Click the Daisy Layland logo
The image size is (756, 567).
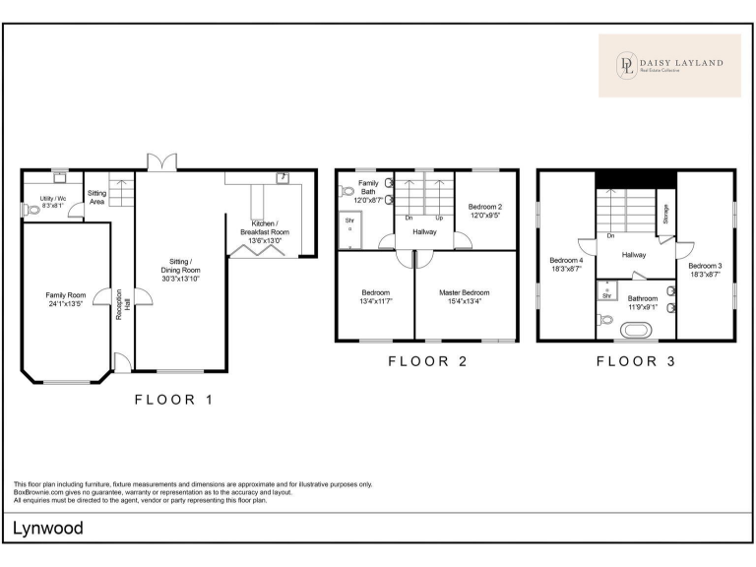[x=669, y=66]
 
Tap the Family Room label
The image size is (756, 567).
[x=66, y=295]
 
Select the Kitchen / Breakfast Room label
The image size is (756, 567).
[x=264, y=227]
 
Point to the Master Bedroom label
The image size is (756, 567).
[x=464, y=292]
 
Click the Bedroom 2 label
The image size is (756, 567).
[x=485, y=207]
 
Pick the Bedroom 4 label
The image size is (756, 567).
[x=566, y=260]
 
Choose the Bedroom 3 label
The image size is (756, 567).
[x=705, y=266]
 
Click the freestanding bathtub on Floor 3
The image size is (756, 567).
[x=636, y=331]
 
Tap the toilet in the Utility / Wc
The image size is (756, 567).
[x=31, y=211]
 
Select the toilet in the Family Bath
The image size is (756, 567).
[x=346, y=191]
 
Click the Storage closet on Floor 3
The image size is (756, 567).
[x=665, y=213]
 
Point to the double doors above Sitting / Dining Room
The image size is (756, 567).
[x=162, y=162]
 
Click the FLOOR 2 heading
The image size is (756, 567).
[x=427, y=361]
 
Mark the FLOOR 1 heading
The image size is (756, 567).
[x=173, y=400]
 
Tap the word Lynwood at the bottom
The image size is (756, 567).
[x=47, y=529]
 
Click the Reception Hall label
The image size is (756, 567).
[x=123, y=304]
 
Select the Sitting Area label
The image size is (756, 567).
[x=96, y=197]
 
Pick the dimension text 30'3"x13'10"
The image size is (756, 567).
[x=180, y=279]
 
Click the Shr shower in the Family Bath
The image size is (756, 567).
[x=350, y=230]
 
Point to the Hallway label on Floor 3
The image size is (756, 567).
[x=634, y=255]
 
